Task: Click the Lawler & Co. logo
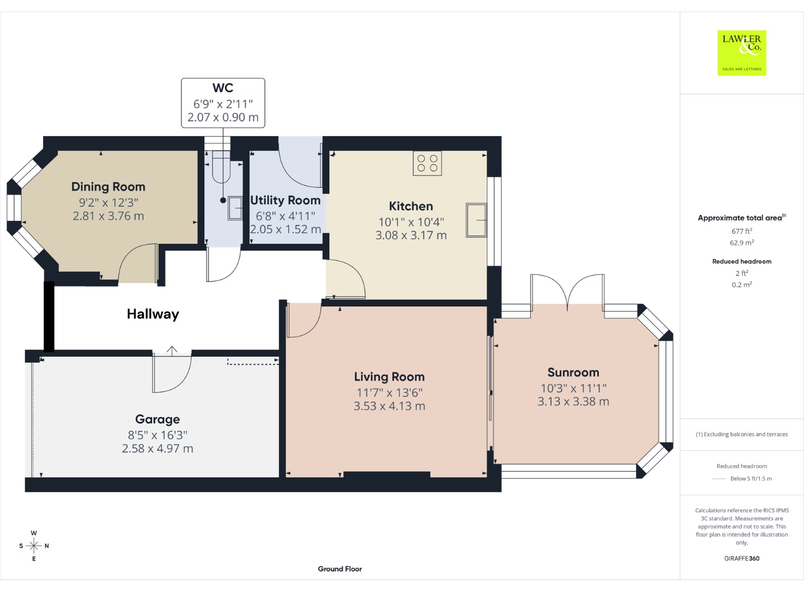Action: [x=742, y=53]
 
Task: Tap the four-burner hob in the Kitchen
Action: [x=428, y=163]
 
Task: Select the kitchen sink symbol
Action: [x=476, y=220]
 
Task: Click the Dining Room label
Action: [x=108, y=187]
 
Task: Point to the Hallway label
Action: [x=153, y=314]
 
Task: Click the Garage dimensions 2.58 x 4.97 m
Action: [x=157, y=449]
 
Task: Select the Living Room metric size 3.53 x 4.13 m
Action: [x=389, y=406]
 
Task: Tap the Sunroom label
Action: [x=573, y=372]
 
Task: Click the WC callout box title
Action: [x=223, y=88]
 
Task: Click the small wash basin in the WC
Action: [x=235, y=208]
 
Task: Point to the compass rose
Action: [x=34, y=546]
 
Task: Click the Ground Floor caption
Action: [x=340, y=569]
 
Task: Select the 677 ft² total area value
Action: [x=742, y=231]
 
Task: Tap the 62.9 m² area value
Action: [x=742, y=243]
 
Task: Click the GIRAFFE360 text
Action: [x=742, y=558]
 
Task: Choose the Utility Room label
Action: [x=285, y=200]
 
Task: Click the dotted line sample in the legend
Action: [x=719, y=479]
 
